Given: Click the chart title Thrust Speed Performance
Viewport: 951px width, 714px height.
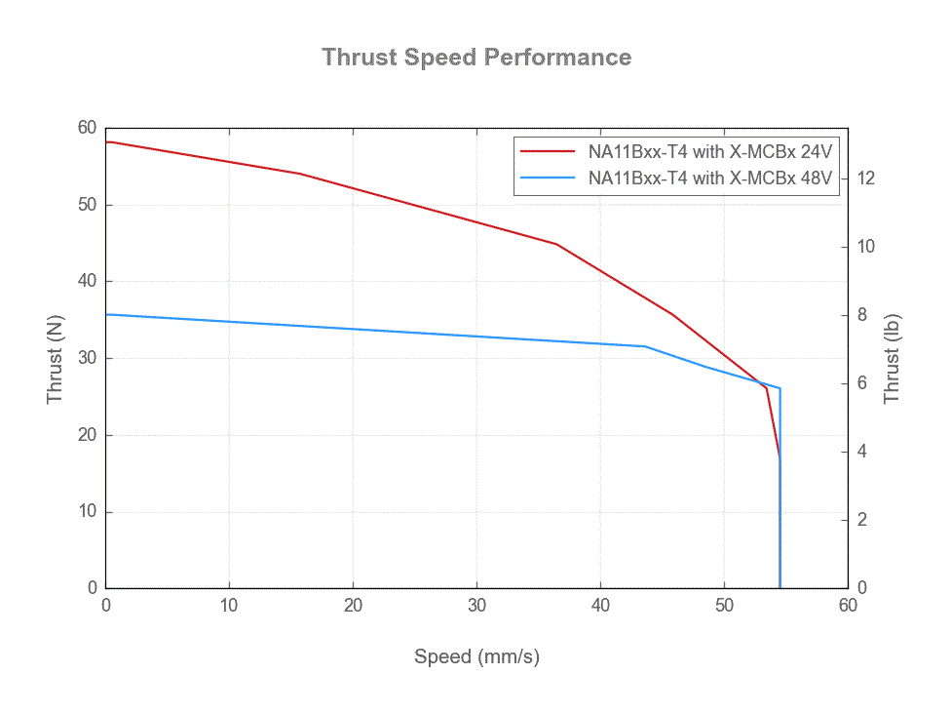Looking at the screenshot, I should click(x=476, y=58).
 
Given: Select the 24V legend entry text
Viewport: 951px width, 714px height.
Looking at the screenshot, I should click(x=710, y=152).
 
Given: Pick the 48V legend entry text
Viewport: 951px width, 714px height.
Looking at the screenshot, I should click(x=710, y=178).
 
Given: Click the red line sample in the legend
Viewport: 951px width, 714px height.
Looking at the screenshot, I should click(x=548, y=152).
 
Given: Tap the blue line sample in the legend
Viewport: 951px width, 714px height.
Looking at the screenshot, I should click(x=548, y=178).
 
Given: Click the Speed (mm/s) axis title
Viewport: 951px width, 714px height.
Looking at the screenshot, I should click(x=476, y=656).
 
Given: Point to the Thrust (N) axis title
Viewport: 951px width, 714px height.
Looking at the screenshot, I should click(x=55, y=359).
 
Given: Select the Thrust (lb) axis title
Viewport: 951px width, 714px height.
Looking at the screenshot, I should click(x=892, y=359).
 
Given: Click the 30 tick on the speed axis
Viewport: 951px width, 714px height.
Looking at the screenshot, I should click(x=476, y=606).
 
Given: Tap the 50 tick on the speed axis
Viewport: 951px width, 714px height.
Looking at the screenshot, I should click(x=724, y=606).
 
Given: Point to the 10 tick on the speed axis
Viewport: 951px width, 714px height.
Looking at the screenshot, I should click(x=229, y=606).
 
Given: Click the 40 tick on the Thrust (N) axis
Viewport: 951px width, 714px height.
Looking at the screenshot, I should click(x=87, y=282).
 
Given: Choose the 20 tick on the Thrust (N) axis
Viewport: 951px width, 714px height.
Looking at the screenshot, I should click(x=87, y=435).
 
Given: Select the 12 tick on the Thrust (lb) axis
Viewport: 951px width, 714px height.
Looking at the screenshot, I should click(x=865, y=178).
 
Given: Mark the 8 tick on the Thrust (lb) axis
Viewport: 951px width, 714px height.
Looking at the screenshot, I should click(x=861, y=315).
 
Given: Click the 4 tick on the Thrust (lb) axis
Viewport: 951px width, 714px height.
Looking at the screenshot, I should click(x=861, y=452).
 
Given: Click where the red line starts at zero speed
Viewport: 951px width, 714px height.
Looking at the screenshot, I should click(x=107, y=142).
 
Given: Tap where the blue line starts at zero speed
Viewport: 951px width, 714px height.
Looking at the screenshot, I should click(x=107, y=314).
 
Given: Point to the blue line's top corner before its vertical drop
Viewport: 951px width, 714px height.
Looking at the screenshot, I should click(x=780, y=388).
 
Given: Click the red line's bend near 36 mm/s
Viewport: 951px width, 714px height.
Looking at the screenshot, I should click(x=556, y=244).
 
